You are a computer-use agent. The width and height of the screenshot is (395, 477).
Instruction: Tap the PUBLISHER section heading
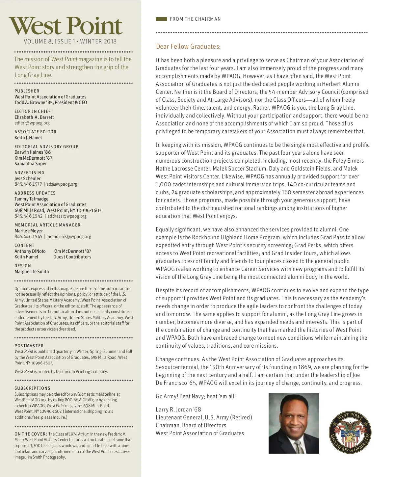coord(27,91)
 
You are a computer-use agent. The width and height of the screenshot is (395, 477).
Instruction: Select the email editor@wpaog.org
coord(32,123)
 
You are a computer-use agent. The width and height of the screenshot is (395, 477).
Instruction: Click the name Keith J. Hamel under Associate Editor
coord(28,138)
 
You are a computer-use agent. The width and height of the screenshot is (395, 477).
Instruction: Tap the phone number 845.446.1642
coord(28,216)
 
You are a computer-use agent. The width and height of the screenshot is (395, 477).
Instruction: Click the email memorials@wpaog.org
coord(69,236)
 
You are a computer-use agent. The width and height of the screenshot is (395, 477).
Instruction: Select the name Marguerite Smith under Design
coord(32,272)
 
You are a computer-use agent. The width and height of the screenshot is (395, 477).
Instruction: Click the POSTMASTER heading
coord(29,346)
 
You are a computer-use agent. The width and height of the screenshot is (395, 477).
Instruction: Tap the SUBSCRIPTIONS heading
coord(32,388)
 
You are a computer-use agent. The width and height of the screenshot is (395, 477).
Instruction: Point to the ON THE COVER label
coord(31,434)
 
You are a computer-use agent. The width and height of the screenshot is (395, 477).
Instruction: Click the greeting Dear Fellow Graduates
coord(188,46)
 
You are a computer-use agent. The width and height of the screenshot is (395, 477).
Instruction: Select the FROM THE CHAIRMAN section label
coord(195,19)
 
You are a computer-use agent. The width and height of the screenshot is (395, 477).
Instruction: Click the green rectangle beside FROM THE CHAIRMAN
coord(161,19)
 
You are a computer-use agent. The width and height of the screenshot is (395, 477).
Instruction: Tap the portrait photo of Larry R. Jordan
coord(294,423)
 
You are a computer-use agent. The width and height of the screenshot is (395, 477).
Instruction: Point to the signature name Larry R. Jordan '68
coord(178,410)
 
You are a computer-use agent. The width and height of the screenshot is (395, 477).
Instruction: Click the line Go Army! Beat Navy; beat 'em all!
coord(196,396)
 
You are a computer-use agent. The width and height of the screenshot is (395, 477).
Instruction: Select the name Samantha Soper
coord(31,164)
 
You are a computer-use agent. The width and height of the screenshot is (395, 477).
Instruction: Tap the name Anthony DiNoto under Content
coord(30,251)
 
